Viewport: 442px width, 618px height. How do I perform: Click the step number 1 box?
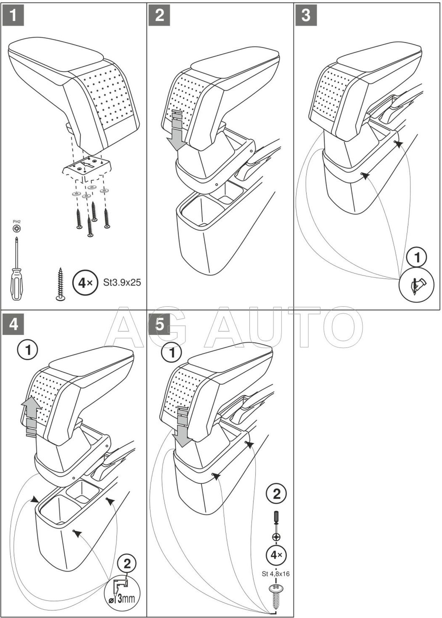(13, 15)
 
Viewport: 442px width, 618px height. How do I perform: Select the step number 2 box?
(159, 15)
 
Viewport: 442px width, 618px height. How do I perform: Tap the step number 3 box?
(306, 15)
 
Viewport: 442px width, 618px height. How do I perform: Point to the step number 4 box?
(13, 324)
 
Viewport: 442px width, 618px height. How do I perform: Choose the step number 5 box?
(159, 324)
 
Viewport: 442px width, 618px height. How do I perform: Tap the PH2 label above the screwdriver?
(17, 221)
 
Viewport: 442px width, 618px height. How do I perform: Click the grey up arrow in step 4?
(32, 416)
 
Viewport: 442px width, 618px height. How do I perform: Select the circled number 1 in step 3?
(417, 258)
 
